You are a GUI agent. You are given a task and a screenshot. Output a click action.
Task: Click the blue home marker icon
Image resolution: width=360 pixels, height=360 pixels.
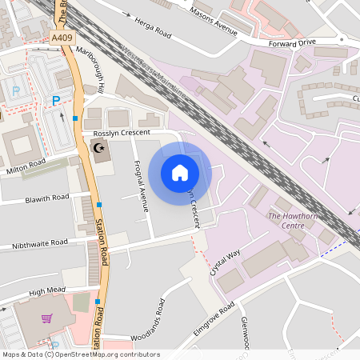[180, 173]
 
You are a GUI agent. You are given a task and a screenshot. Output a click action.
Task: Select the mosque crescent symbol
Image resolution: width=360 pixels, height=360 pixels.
[101, 149]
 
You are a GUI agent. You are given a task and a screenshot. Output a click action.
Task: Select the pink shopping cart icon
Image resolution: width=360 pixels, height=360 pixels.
[46, 318]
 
